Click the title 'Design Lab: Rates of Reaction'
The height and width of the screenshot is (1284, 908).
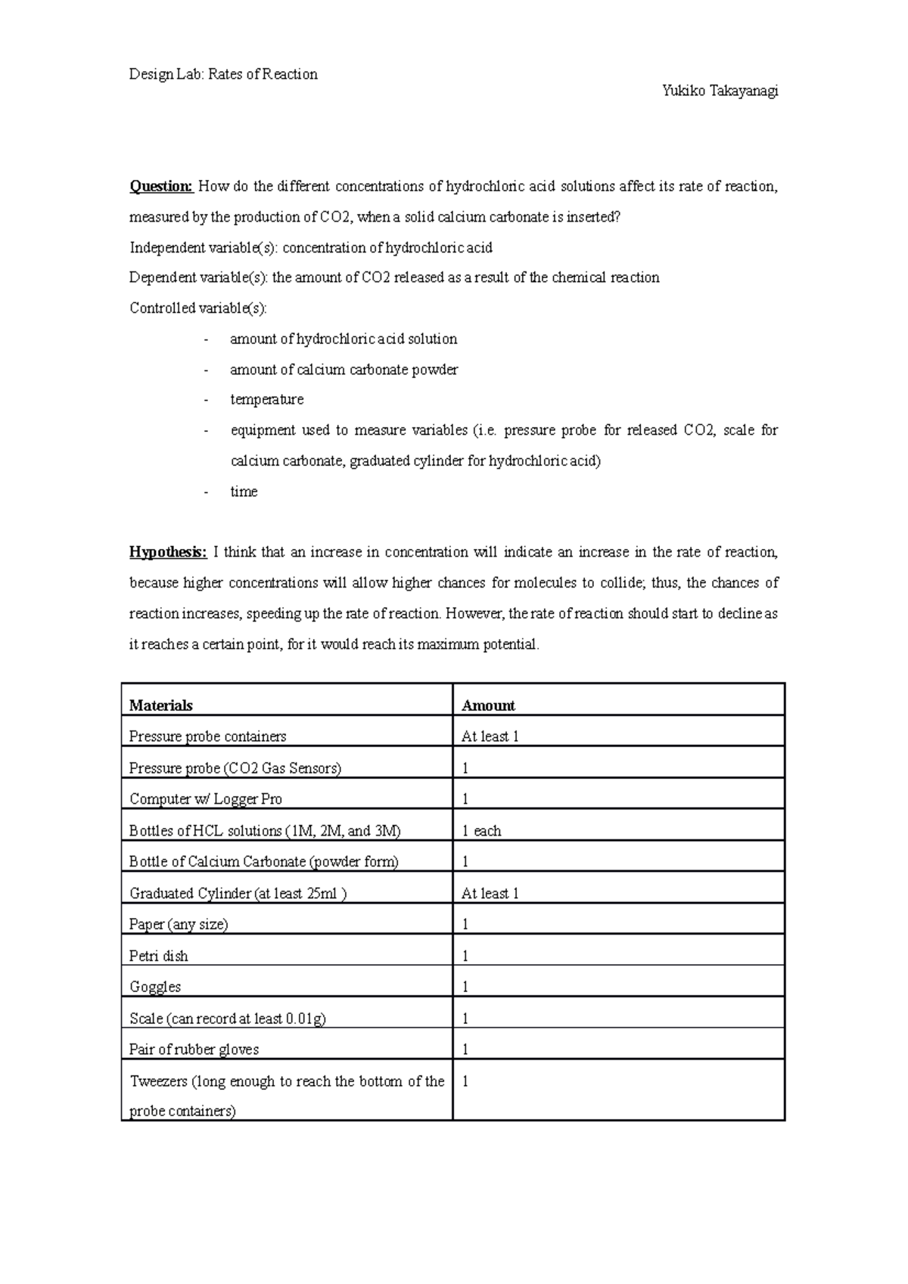point(223,74)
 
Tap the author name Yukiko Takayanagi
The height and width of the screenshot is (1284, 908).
point(720,91)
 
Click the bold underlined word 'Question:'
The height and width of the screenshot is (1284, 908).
point(161,186)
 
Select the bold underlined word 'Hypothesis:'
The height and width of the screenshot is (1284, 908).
point(167,552)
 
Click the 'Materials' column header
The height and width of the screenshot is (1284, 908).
point(161,706)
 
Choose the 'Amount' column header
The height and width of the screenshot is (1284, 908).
point(488,706)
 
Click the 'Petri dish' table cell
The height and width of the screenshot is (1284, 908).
point(159,956)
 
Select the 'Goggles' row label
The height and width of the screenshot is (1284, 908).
point(155,987)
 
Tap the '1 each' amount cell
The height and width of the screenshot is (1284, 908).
point(481,831)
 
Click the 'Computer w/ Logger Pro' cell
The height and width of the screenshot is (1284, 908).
point(206,799)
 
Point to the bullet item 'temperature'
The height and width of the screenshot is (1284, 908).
point(266,399)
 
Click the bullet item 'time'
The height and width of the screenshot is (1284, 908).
point(244,492)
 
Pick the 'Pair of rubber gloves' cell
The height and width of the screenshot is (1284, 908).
point(194,1050)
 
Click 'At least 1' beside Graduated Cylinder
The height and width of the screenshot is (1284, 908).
point(490,894)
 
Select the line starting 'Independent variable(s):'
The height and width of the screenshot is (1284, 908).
point(311,247)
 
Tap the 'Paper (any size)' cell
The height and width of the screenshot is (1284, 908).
point(179,924)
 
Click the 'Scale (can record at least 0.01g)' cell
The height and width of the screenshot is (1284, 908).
point(228,1019)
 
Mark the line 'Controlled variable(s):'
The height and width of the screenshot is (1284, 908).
point(198,309)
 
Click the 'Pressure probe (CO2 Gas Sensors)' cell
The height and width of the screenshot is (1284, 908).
point(235,768)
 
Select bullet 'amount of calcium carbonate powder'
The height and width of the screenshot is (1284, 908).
point(344,370)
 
